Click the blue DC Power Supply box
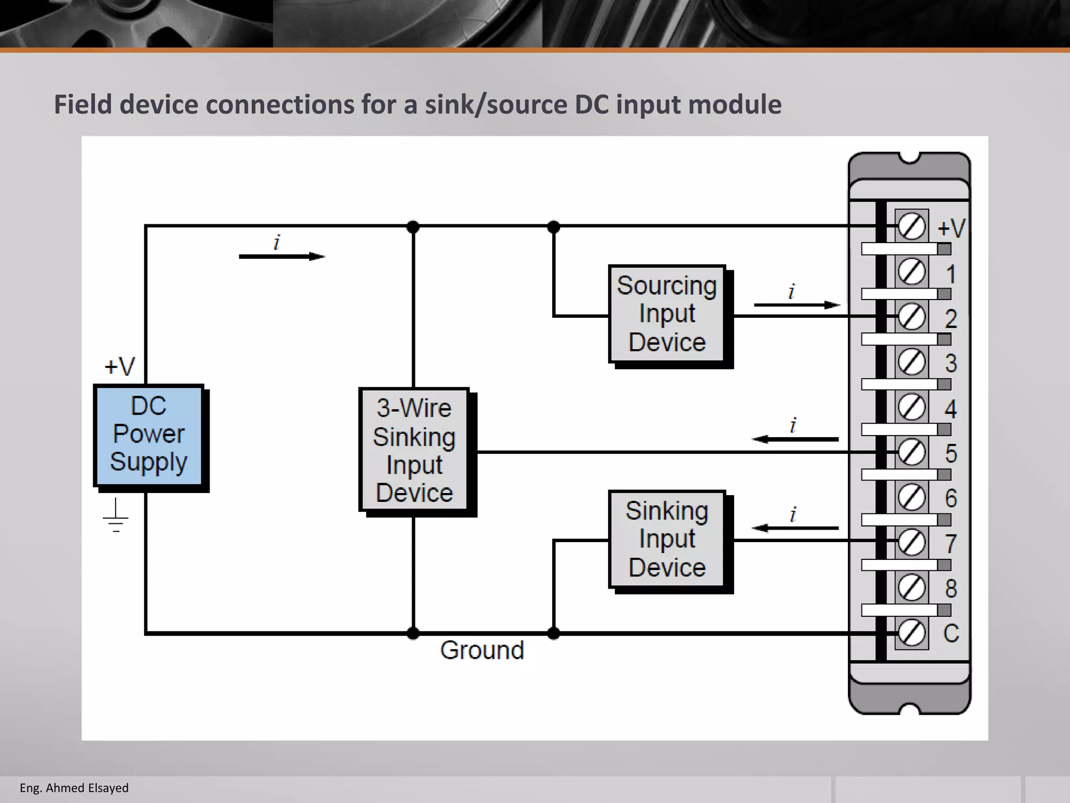pos(148,435)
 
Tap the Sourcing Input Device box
pos(667,314)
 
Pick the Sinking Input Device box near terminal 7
pos(667,539)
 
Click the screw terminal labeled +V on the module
pos(912,226)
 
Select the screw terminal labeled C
pos(912,633)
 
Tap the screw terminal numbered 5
pos(912,452)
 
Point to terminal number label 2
pos(951,319)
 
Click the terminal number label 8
pos(951,589)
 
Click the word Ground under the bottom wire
pos(482,650)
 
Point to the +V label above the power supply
pos(120,366)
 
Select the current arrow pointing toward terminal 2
pos(797,305)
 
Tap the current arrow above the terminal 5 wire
pos(795,439)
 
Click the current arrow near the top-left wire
pos(282,256)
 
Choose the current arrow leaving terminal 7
pos(795,528)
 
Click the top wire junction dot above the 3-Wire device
pos(413,227)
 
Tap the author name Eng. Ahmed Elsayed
pos(74,788)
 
